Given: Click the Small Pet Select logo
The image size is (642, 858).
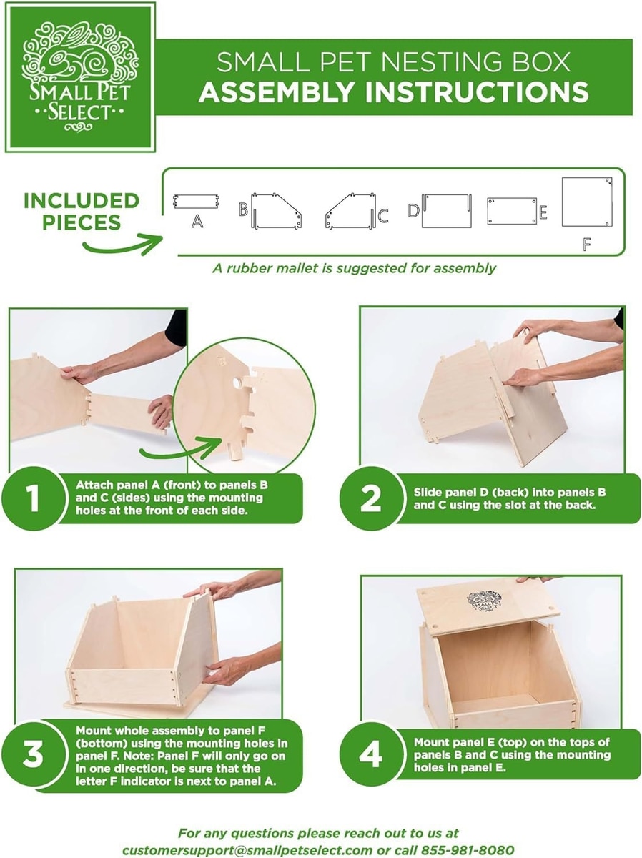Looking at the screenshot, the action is coord(81,77).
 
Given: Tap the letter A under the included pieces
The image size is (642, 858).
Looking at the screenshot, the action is coord(197,221).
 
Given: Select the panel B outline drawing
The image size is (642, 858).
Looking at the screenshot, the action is coord(276,210).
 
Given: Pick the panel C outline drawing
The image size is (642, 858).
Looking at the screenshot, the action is coord(350,210).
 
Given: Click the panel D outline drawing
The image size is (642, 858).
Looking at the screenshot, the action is coord(447,210).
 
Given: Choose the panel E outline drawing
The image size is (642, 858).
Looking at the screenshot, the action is coord(512,211).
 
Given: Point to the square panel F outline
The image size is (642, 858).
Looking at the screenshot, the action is coord(587,202).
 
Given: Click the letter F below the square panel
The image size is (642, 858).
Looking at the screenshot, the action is coord(586,245).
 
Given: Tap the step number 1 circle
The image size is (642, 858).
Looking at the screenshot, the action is coord(34,498).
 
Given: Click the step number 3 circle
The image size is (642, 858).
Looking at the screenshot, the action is coord(34,754).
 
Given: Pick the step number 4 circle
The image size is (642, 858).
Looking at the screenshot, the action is coord(371,755).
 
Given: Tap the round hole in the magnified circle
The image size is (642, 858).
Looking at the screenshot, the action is coord(238,383).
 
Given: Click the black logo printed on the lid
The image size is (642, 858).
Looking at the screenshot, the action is coord(484,602).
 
